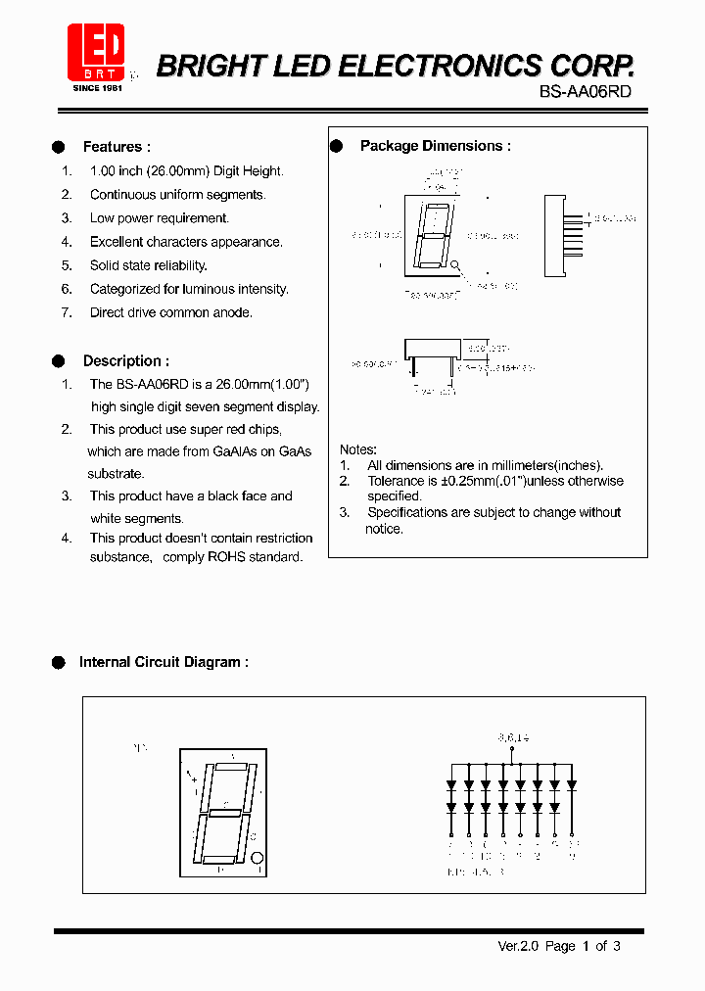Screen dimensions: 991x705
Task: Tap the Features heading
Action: click(x=117, y=147)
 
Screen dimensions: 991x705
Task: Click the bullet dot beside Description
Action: click(x=59, y=360)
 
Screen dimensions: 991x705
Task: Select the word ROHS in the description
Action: click(x=229, y=556)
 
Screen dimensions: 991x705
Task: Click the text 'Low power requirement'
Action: click(x=159, y=218)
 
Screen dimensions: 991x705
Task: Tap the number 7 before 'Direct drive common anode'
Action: click(x=67, y=312)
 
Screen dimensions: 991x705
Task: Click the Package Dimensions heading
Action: click(x=435, y=146)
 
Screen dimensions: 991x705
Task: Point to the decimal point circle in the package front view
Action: click(x=455, y=264)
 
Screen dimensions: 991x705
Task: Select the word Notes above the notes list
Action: click(x=357, y=449)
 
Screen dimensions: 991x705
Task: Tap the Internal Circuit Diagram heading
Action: click(x=164, y=662)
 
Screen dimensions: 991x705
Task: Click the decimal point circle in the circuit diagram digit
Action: click(x=258, y=858)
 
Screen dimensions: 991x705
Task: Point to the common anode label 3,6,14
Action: click(x=511, y=737)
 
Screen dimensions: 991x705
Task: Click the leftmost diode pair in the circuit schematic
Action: click(x=451, y=796)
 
